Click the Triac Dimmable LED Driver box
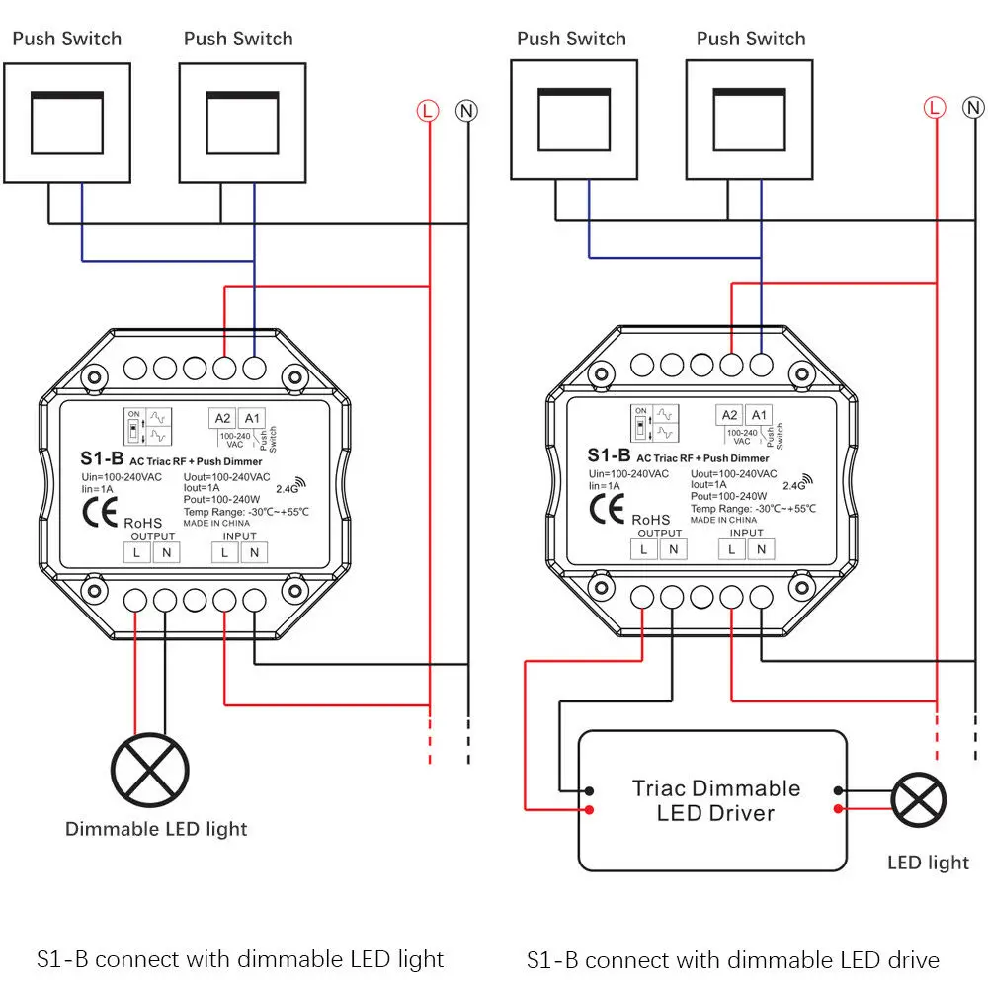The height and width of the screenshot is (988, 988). tap(712, 800)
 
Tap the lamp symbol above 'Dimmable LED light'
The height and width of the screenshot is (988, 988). tap(150, 770)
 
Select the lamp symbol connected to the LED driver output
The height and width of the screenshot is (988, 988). tap(918, 799)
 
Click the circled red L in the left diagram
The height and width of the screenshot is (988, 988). tap(427, 111)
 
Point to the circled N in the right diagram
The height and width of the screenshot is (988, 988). tap(974, 107)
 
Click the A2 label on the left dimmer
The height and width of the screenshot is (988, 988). tap(221, 418)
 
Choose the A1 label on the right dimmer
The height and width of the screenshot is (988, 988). tap(759, 415)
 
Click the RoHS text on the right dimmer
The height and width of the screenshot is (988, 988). tap(651, 519)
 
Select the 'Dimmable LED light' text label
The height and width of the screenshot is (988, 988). tap(156, 829)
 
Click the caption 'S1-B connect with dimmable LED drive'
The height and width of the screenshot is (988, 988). tap(732, 959)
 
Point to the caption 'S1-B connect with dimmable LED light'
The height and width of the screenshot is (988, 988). tap(240, 959)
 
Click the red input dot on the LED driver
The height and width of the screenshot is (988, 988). tap(589, 810)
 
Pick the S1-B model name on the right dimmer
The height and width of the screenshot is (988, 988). tap(608, 455)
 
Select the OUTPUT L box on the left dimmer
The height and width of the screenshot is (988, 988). tap(136, 552)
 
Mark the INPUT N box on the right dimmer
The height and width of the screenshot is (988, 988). tap(761, 548)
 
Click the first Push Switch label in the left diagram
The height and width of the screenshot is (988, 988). tap(67, 40)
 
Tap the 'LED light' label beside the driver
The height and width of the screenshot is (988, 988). tap(928, 863)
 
